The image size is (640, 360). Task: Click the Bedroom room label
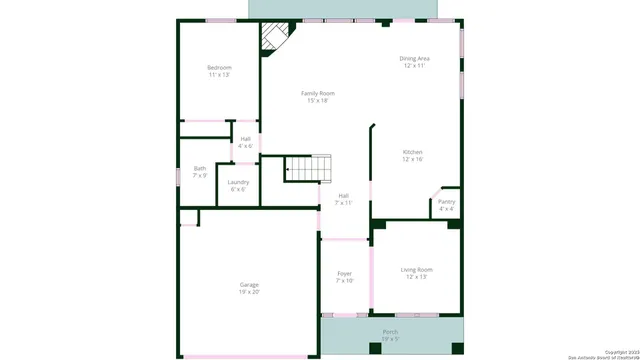[219, 67]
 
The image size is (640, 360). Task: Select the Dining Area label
[415, 59]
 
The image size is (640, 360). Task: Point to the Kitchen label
[413, 151]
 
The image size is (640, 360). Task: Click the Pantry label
[446, 201]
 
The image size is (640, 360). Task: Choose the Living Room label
[416, 269]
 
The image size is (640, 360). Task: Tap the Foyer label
[344, 273]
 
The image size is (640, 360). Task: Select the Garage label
[249, 285]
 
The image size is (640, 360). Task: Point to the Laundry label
[238, 181]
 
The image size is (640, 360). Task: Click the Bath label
[200, 168]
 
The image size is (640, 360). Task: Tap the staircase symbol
[308, 168]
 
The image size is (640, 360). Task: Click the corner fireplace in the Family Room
[271, 39]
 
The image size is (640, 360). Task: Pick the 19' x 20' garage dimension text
[249, 292]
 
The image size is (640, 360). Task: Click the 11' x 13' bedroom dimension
[219, 74]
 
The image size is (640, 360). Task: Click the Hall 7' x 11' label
[344, 198]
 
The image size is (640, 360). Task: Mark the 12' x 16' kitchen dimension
[413, 158]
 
